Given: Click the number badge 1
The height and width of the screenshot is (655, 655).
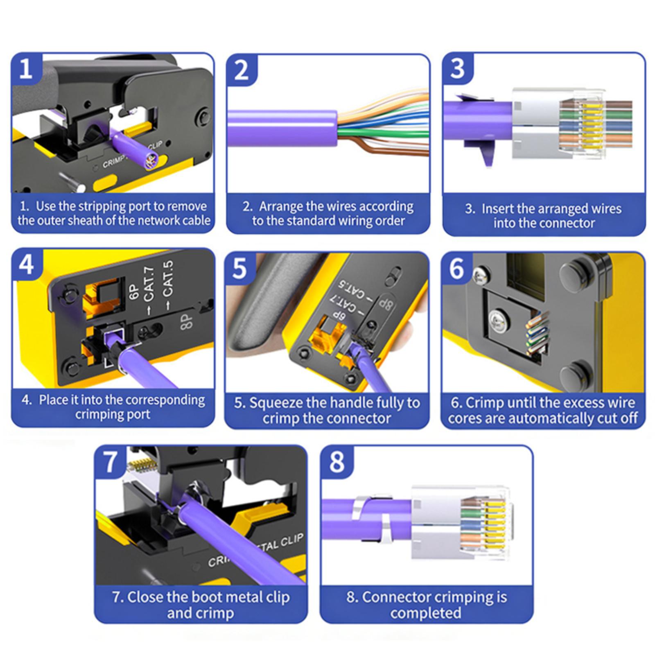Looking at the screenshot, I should pyautogui.click(x=26, y=69).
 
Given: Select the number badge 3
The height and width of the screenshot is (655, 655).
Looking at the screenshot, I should pyautogui.click(x=457, y=68).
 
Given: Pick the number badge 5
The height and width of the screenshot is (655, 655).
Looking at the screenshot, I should pyautogui.click(x=240, y=268).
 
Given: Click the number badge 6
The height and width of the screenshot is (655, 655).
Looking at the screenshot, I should pyautogui.click(x=456, y=268).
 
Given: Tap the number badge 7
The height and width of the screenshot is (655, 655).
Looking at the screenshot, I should pyautogui.click(x=110, y=462).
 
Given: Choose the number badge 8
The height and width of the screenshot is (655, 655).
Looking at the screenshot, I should pyautogui.click(x=337, y=462).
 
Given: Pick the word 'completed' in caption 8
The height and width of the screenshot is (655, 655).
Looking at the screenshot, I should pyautogui.click(x=425, y=613).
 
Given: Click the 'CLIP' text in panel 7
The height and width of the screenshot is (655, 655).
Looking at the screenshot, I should pyautogui.click(x=292, y=541).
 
